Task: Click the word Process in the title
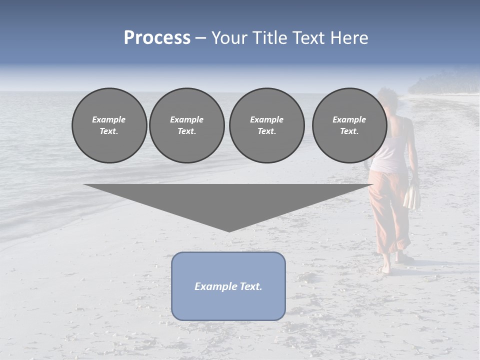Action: click(157, 38)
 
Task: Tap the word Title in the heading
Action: click(270, 38)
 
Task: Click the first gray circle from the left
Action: click(109, 125)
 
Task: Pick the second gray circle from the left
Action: click(186, 125)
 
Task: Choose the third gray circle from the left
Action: click(266, 125)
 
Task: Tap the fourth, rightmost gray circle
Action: click(349, 125)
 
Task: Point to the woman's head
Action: click(387, 100)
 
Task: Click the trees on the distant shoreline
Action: click(440, 82)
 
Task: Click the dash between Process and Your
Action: click(201, 38)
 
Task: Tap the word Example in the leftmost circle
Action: click(109, 119)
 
